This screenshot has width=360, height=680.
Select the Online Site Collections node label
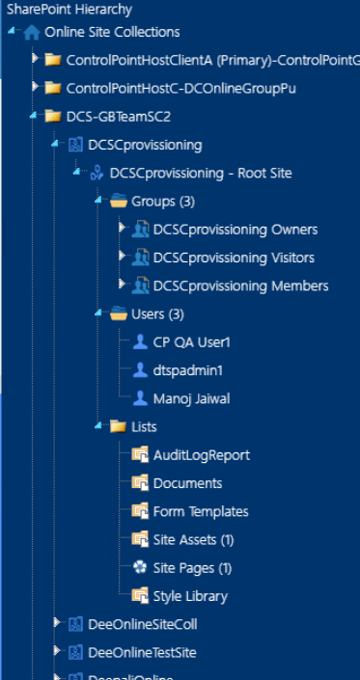coord(112,32)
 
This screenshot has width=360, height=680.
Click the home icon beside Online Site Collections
coord(32,32)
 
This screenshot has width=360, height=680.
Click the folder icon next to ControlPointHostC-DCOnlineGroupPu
coord(53,88)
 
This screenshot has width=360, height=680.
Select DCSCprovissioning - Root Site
coord(201,174)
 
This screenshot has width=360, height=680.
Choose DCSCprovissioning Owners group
coord(235,230)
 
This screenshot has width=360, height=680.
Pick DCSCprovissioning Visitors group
coord(234,258)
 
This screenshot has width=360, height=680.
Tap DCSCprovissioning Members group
coord(240,286)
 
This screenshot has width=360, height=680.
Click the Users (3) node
coord(157,313)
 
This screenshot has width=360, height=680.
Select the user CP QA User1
coord(192,341)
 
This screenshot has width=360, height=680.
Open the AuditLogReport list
coord(201,454)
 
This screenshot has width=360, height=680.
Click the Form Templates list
coord(201,511)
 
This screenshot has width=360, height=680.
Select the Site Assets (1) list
coord(193,539)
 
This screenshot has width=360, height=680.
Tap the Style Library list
coord(190,595)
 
